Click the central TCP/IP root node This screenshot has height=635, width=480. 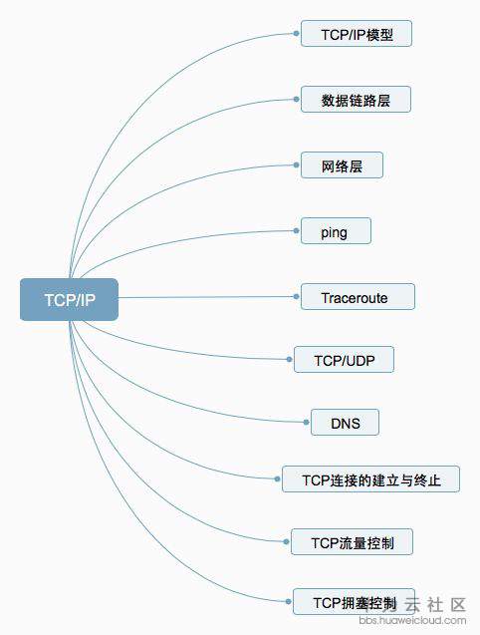(x=69, y=300)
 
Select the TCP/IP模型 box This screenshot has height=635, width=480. (x=357, y=34)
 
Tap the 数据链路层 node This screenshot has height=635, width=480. (x=356, y=100)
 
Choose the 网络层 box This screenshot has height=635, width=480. (x=342, y=165)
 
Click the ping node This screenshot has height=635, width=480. (x=336, y=231)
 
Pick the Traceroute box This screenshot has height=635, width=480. (x=358, y=297)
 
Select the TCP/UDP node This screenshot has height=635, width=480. (x=344, y=359)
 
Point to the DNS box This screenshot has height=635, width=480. (x=345, y=423)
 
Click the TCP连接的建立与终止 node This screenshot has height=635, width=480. (x=370, y=479)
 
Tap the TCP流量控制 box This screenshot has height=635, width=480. (x=353, y=542)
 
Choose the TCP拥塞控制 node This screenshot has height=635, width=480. (x=354, y=602)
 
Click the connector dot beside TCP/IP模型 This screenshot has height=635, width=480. (x=296, y=33)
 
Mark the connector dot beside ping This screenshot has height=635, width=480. (x=296, y=231)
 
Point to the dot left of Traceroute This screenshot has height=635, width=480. (x=296, y=297)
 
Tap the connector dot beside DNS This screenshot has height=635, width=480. (x=306, y=423)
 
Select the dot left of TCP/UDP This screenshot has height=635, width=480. (x=289, y=359)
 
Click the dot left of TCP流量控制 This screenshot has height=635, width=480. (x=286, y=542)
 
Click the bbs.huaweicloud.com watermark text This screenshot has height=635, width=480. (x=412, y=620)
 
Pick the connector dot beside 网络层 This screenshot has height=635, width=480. (x=296, y=164)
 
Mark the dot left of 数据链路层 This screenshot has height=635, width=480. (x=296, y=100)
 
